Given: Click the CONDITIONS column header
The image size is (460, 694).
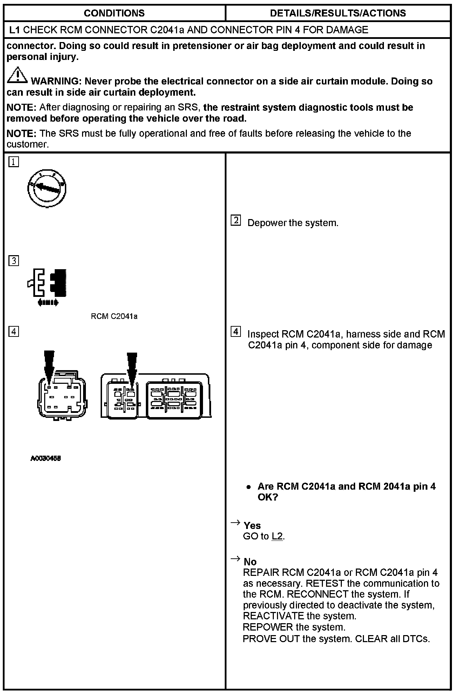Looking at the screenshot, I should [114, 13].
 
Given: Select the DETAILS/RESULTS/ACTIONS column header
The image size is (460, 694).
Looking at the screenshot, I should [338, 13].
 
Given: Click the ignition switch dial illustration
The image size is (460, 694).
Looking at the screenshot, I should [47, 189].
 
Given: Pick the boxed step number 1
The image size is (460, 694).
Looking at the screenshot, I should [13, 162].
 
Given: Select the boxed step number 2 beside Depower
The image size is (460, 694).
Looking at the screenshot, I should [236, 220].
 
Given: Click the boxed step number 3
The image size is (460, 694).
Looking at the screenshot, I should [13, 261].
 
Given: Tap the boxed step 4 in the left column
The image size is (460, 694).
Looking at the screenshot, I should [13, 331].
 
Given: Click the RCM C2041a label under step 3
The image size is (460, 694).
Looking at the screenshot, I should [114, 317].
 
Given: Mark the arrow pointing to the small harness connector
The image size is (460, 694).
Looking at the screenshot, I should [49, 366].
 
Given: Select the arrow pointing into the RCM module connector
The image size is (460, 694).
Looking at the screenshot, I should [132, 368].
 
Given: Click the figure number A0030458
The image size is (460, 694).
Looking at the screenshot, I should [46, 458].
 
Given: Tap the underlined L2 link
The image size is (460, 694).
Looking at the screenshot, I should [277, 537].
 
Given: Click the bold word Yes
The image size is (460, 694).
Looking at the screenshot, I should [252, 525].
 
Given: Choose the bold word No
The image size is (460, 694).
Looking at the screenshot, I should [250, 562].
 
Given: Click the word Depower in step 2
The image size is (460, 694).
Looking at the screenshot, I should [267, 223].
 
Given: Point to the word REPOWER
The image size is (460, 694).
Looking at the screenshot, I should [268, 627].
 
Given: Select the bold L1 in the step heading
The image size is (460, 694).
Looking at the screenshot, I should [15, 30].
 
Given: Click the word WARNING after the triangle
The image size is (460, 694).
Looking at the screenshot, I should [56, 81].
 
